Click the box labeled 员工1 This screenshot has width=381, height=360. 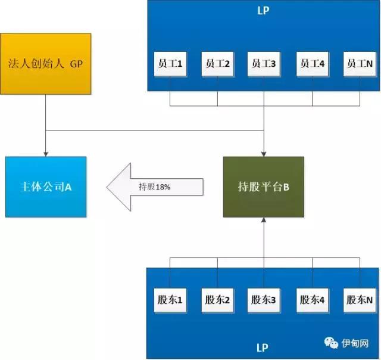point(170,64)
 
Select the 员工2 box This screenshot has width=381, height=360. point(217,64)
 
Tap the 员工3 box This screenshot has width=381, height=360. point(264,64)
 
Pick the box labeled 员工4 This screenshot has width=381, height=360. point(313,64)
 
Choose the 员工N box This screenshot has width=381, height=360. point(360,64)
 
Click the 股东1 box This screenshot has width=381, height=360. point(170,300)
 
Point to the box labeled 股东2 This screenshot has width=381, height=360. point(217,300)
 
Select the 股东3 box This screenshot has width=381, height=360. point(264,300)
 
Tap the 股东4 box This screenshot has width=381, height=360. point(313,300)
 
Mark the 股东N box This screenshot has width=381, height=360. point(360,300)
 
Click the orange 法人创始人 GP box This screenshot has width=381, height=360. point(46,63)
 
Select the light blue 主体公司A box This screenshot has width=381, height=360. point(46,187)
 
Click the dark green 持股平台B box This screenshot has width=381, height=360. point(264,187)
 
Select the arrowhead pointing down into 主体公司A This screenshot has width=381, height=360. point(46,153)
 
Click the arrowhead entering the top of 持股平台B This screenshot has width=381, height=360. point(264,153)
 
